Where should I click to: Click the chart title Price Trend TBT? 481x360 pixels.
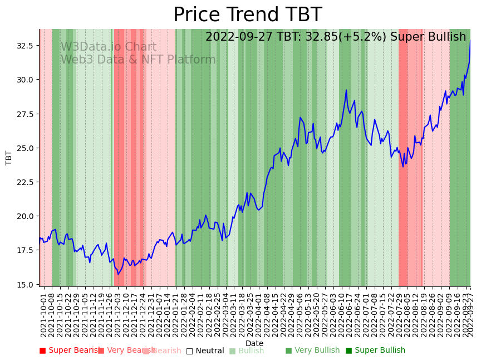[247, 15]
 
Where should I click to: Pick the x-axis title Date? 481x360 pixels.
[254, 343]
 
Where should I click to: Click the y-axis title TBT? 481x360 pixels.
[9, 157]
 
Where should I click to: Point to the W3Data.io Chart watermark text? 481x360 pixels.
[109, 47]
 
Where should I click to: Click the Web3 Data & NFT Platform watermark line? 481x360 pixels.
[138, 60]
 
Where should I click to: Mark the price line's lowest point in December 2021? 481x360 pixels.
[118, 274]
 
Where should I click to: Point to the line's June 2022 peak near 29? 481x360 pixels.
[346, 90]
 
